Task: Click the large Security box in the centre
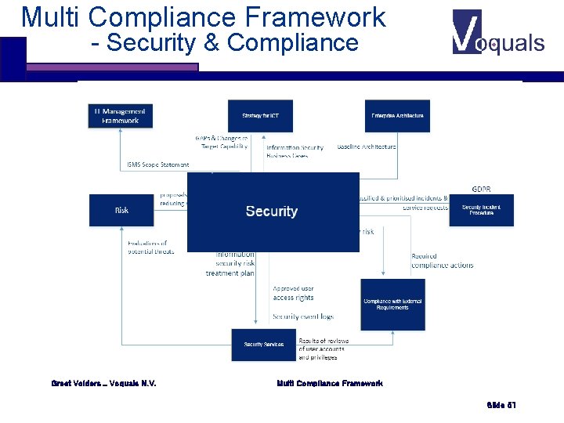click(273, 211)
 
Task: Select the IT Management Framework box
click(121, 116)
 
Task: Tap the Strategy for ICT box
click(260, 116)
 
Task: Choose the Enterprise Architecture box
click(397, 116)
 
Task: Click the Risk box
click(121, 210)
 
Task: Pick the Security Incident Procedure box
click(481, 210)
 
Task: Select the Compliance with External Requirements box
click(392, 304)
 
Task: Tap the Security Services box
click(264, 345)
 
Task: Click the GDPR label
click(482, 189)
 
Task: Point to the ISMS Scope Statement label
click(158, 165)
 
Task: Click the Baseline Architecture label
click(367, 146)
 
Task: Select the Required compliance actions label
click(442, 261)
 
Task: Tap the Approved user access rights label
click(293, 293)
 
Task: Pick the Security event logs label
click(302, 316)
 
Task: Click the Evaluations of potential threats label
click(152, 248)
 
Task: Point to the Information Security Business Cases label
click(295, 151)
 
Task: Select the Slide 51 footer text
click(501, 405)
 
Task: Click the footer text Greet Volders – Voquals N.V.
click(103, 383)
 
